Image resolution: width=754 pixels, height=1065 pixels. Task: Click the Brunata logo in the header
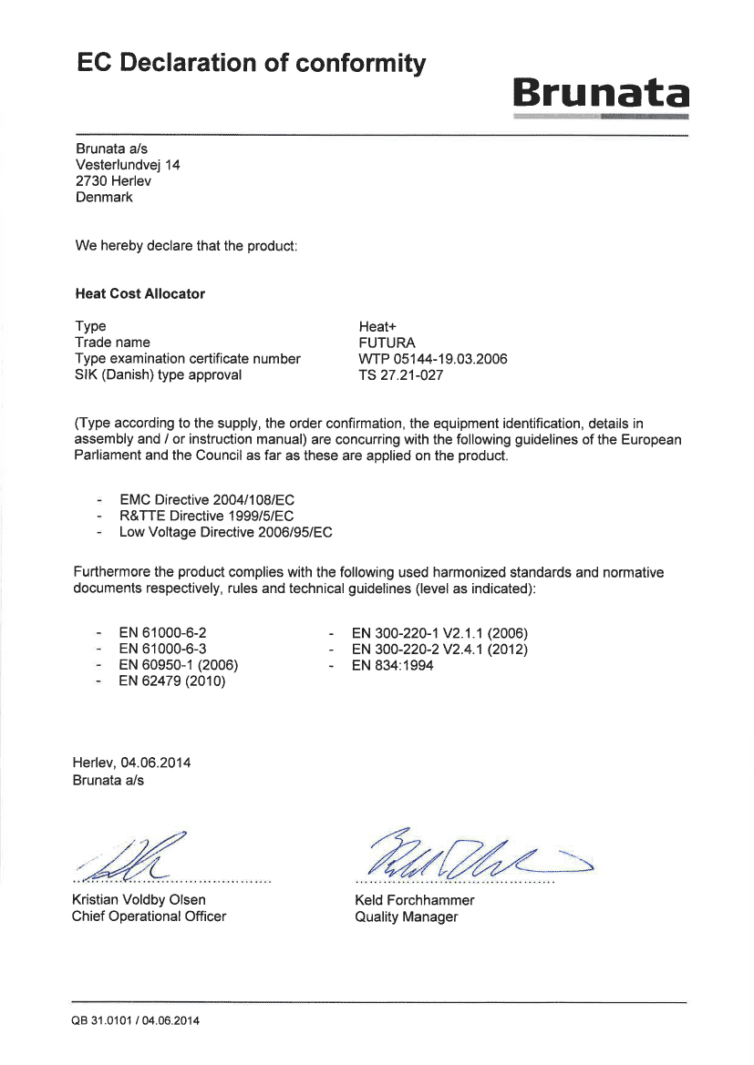coord(600,95)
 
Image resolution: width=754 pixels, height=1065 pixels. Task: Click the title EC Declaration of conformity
coord(252,64)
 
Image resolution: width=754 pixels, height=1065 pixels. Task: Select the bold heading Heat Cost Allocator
coord(139,294)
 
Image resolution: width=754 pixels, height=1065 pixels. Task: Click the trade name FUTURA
coord(387,343)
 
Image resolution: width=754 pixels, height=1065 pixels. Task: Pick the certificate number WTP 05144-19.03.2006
coord(433,359)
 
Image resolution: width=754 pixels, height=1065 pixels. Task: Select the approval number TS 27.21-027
coord(402,375)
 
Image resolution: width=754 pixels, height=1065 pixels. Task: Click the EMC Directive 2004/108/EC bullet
coord(207,500)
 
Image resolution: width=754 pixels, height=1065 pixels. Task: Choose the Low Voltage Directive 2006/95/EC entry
coord(225,532)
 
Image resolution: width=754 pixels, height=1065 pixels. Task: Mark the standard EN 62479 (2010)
coord(171,681)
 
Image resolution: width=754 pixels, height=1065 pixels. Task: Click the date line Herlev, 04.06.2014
coord(131,763)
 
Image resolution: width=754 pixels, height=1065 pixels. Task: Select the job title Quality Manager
coord(406,917)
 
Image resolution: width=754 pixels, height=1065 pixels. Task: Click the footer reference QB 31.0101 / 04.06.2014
coord(135,1020)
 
